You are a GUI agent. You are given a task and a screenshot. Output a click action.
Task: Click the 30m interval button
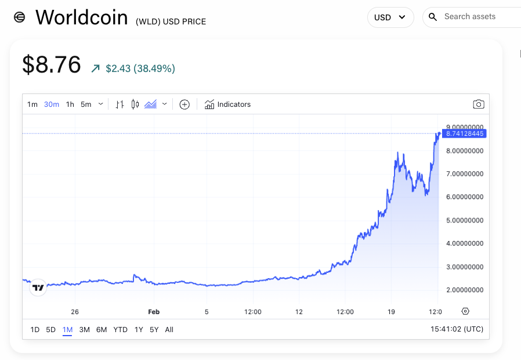[52, 105]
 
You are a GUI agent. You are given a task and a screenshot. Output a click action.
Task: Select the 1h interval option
[70, 105]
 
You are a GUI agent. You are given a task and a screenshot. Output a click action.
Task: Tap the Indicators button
[227, 105]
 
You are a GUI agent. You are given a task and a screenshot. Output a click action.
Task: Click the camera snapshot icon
[478, 105]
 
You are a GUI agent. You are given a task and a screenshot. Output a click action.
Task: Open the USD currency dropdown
[390, 17]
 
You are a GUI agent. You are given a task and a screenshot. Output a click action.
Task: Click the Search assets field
[476, 17]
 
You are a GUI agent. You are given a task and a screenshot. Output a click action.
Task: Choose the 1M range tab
[67, 330]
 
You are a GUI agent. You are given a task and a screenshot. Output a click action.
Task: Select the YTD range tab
[120, 330]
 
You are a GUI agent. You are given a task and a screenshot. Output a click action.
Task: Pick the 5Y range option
[154, 330]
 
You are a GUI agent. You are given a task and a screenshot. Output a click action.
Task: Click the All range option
[169, 330]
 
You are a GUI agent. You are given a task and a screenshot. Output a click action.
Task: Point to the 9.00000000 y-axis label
[465, 127]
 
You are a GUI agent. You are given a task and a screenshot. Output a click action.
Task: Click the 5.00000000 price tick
[465, 220]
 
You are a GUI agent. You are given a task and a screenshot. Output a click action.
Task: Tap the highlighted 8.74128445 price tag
[464, 134]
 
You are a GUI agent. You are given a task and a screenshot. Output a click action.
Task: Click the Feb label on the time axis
[154, 312]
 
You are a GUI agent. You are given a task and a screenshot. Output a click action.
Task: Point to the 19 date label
[392, 312]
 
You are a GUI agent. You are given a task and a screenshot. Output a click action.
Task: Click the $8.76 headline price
[52, 64]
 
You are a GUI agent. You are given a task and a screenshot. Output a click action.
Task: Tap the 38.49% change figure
[154, 69]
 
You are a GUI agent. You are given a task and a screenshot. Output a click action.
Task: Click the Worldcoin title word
[81, 17]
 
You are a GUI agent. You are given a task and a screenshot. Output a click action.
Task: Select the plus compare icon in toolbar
[184, 105]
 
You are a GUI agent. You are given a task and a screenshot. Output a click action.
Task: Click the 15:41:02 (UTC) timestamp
[457, 329]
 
